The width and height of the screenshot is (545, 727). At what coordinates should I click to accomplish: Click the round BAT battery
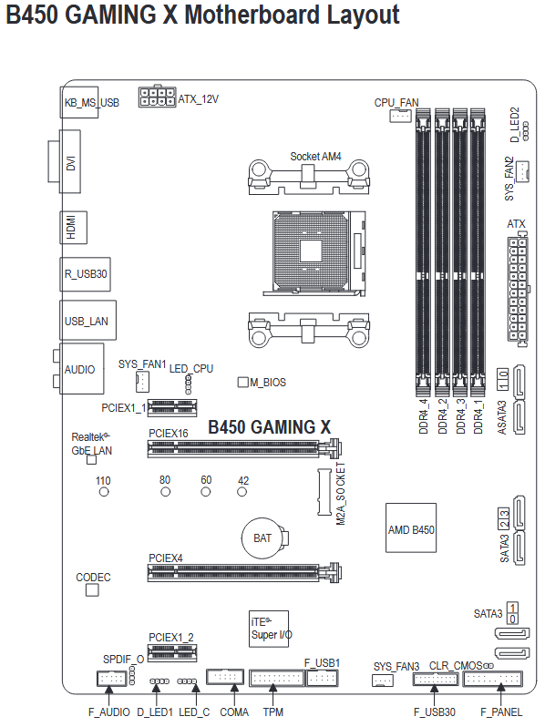(x=262, y=538)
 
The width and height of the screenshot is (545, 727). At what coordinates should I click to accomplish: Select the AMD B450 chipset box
(x=411, y=527)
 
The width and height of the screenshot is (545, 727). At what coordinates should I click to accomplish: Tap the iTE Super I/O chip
(x=269, y=629)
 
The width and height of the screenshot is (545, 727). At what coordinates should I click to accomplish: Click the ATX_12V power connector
(x=158, y=97)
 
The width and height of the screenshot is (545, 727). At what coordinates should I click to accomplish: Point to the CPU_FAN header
(x=400, y=115)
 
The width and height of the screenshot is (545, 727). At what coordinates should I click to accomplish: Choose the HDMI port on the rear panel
(x=73, y=227)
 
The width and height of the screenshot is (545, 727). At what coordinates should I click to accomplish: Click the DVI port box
(x=69, y=161)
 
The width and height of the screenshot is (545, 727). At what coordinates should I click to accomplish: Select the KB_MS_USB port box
(x=80, y=102)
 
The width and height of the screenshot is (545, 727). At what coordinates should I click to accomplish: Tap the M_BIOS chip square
(x=242, y=382)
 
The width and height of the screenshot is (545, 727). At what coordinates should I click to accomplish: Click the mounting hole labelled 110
(x=104, y=492)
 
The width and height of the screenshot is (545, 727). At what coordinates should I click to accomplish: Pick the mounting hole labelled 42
(x=242, y=492)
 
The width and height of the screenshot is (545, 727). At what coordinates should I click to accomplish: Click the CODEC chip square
(x=92, y=589)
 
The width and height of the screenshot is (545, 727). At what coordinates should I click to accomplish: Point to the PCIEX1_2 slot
(x=172, y=653)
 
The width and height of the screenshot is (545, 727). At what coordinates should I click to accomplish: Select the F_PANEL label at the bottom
(x=501, y=712)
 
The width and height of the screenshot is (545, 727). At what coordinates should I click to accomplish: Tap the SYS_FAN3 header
(x=383, y=681)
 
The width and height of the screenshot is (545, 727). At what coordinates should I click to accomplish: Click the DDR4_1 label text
(x=478, y=416)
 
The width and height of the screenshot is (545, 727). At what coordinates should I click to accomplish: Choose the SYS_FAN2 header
(x=523, y=171)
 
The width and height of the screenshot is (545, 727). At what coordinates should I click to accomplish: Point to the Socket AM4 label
(x=315, y=157)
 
